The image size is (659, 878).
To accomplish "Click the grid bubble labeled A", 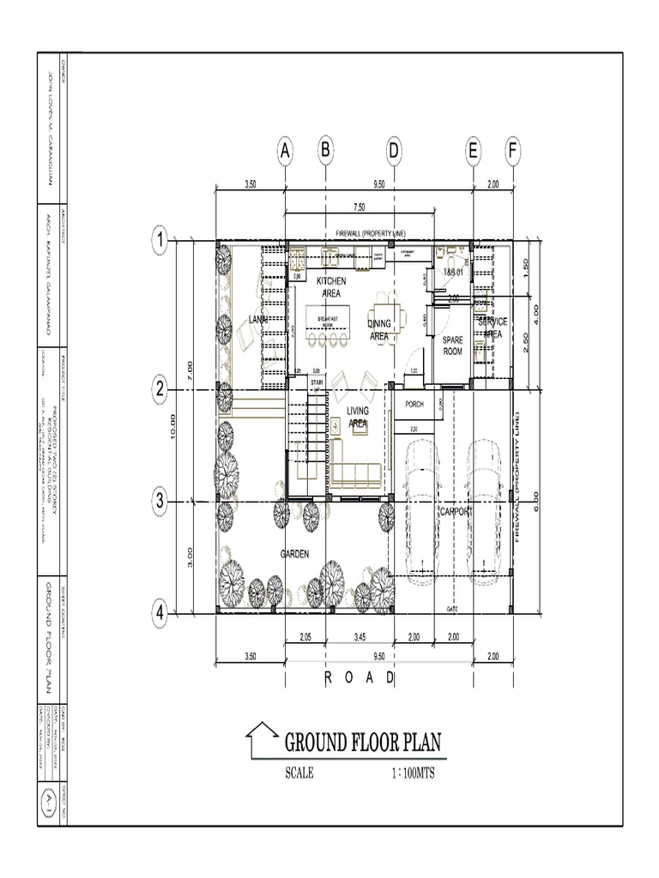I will point(285,152).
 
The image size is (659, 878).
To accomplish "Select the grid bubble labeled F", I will point(513,152).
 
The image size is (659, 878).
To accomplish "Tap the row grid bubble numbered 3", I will point(159,502).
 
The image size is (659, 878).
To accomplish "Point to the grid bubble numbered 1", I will point(159,241).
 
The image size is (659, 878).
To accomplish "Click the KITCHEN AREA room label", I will point(331,286).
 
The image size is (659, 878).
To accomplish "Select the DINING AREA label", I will point(379,329).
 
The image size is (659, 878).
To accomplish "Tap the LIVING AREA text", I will point(358,418).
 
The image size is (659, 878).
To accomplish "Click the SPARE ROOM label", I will point(452,345).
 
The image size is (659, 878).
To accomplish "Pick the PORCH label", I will point(414,403).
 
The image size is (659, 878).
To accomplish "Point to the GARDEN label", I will point(294,554).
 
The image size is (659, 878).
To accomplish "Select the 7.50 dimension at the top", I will point(359,207).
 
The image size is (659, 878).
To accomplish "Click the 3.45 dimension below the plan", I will point(359,636).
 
